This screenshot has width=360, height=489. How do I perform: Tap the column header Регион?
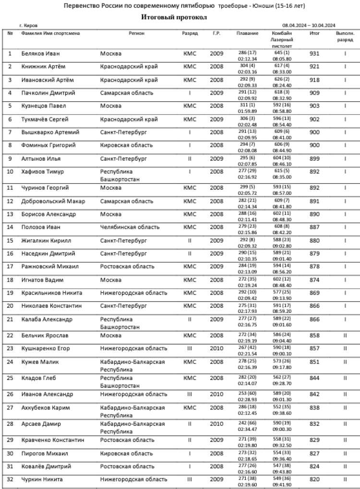137,34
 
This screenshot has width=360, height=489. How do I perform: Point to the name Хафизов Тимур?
43,171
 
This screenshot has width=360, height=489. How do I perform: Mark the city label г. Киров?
28,25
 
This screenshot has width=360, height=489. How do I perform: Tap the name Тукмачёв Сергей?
45,119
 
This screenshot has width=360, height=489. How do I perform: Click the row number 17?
10,266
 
